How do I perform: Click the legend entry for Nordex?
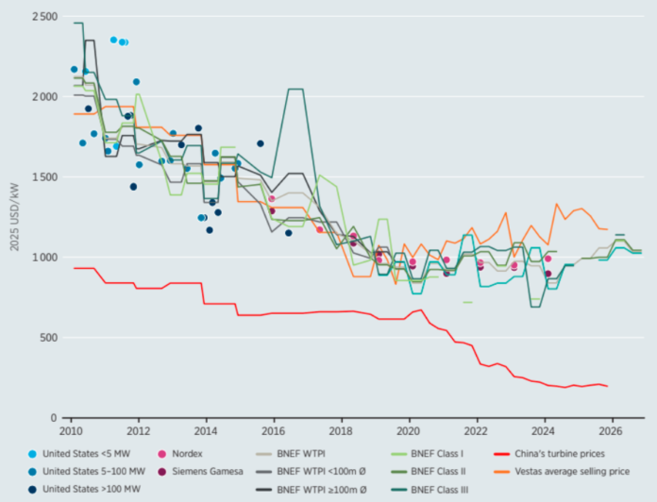(180, 454)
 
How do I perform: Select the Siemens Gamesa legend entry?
(200, 472)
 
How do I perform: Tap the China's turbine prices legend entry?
(549, 454)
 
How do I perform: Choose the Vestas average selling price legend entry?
(562, 472)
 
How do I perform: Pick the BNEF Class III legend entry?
(430, 490)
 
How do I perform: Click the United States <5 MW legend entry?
(79, 454)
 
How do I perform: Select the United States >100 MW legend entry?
(84, 489)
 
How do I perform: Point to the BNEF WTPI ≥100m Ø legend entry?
(312, 490)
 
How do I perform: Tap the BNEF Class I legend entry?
(427, 454)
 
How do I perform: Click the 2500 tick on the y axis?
(44, 17)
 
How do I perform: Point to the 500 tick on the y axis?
(48, 338)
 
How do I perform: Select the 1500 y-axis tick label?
(44, 177)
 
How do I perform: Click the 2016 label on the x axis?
(274, 431)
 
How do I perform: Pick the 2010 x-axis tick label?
(71, 431)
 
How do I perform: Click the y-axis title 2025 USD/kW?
(15, 217)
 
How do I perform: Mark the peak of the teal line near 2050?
(295, 89)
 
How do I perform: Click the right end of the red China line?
(608, 386)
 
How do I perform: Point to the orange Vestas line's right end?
(608, 229)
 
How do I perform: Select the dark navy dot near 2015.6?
(261, 143)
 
